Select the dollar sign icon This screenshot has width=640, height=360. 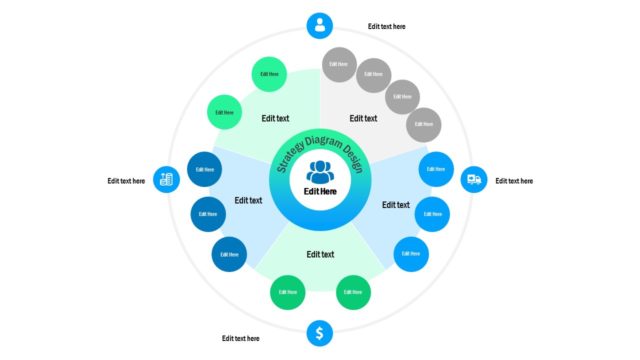(319, 333)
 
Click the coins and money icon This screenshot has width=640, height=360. (166, 180)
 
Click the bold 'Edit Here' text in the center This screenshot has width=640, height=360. (320, 190)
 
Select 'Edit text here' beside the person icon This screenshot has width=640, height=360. (387, 27)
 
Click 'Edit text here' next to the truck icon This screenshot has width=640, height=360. (514, 181)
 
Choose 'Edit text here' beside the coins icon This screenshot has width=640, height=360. (126, 181)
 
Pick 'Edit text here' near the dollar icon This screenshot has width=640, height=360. (240, 338)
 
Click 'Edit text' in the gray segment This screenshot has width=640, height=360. (364, 118)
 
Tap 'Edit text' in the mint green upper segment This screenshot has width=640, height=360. (275, 118)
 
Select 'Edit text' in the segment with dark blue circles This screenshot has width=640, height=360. (248, 200)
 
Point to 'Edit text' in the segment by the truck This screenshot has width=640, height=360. (396, 205)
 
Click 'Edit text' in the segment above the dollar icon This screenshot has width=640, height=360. (320, 254)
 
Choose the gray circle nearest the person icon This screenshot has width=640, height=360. (339, 64)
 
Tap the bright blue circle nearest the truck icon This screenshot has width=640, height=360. (436, 169)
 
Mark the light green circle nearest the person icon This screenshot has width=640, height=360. (270, 73)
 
